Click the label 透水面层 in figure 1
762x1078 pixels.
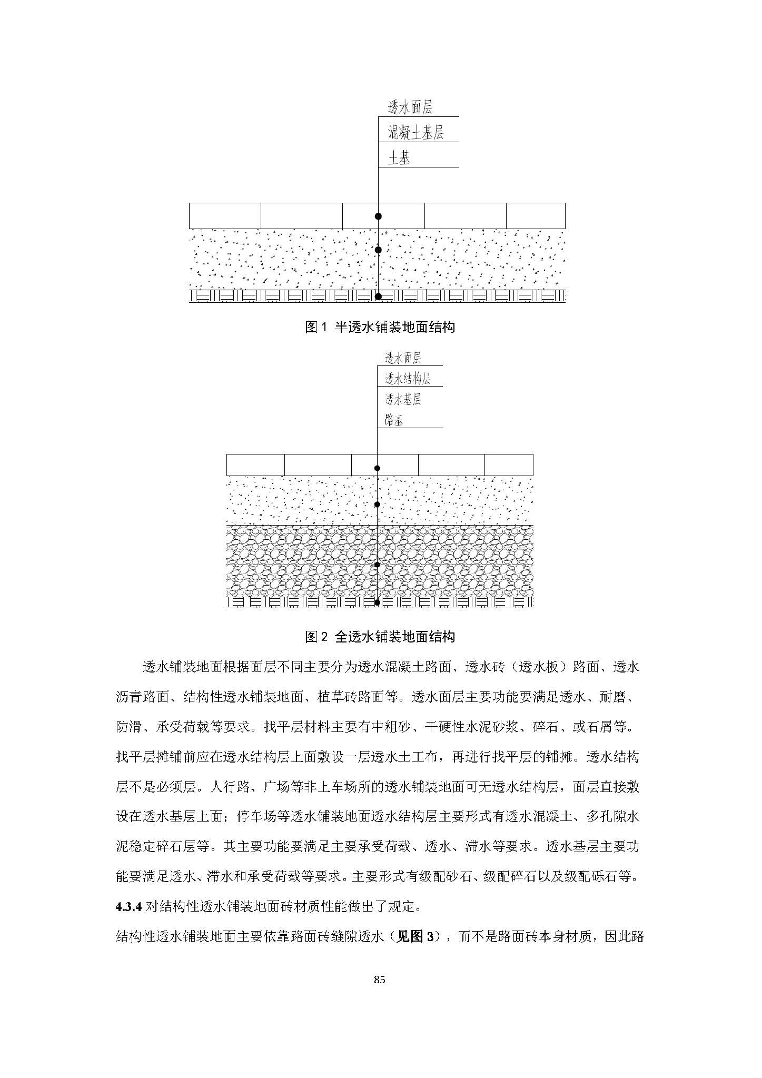(x=410, y=108)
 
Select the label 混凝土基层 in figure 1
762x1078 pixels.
(x=415, y=133)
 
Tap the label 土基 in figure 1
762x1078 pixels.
(x=399, y=157)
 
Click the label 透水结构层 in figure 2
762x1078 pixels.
(x=408, y=378)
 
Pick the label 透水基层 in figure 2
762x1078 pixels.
(x=403, y=399)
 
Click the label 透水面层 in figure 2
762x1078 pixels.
(x=403, y=358)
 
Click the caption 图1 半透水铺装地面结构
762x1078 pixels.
(x=380, y=327)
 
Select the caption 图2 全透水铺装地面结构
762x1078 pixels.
(x=380, y=637)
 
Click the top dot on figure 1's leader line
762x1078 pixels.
(x=378, y=216)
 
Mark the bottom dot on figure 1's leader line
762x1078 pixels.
(x=378, y=296)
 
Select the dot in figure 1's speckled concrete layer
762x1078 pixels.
(x=378, y=250)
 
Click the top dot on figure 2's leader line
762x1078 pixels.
(x=377, y=468)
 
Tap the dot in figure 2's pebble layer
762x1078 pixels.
(x=377, y=565)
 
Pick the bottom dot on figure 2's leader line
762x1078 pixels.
(x=377, y=602)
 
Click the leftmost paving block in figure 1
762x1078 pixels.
(x=225, y=216)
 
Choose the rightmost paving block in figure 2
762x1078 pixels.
(x=508, y=465)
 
